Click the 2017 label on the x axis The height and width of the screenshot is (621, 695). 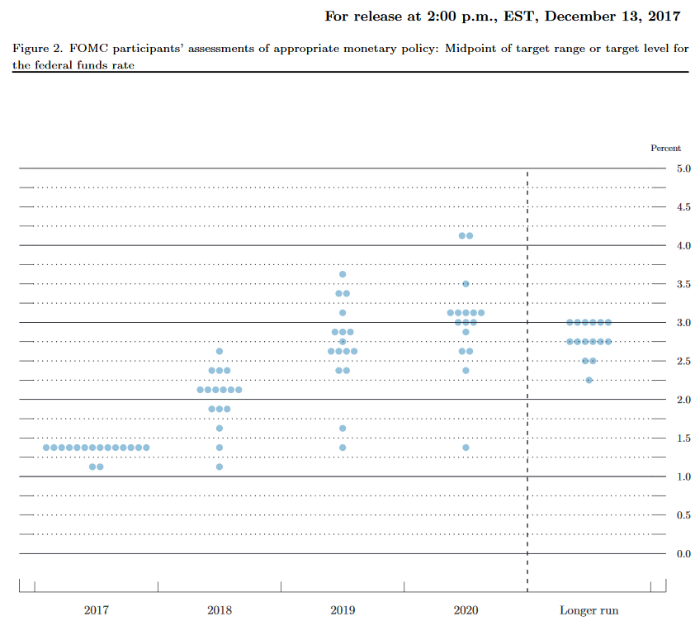pyautogui.click(x=96, y=611)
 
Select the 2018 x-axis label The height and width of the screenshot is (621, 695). pyautogui.click(x=220, y=611)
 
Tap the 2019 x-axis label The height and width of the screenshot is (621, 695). pyautogui.click(x=343, y=611)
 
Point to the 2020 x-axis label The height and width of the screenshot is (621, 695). pyautogui.click(x=466, y=611)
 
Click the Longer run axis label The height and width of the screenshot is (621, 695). pyautogui.click(x=589, y=611)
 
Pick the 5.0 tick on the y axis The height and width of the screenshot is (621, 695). pyautogui.click(x=683, y=168)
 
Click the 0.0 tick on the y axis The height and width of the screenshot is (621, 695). pyautogui.click(x=683, y=554)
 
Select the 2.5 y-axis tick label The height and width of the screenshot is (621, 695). pyautogui.click(x=683, y=362)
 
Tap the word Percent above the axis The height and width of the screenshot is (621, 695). pyautogui.click(x=666, y=149)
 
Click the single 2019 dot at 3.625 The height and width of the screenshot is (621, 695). pyautogui.click(x=343, y=274)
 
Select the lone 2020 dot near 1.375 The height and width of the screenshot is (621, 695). pyautogui.click(x=466, y=448)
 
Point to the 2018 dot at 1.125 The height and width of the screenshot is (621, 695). pyautogui.click(x=220, y=467)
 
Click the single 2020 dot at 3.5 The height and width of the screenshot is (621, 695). pyautogui.click(x=466, y=284)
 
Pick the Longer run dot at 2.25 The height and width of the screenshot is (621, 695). pyautogui.click(x=589, y=380)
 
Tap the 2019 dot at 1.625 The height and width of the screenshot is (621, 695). pyautogui.click(x=343, y=429)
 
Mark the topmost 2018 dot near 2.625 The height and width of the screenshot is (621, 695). pyautogui.click(x=220, y=351)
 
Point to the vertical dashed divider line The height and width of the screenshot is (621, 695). pyautogui.click(x=527, y=372)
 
